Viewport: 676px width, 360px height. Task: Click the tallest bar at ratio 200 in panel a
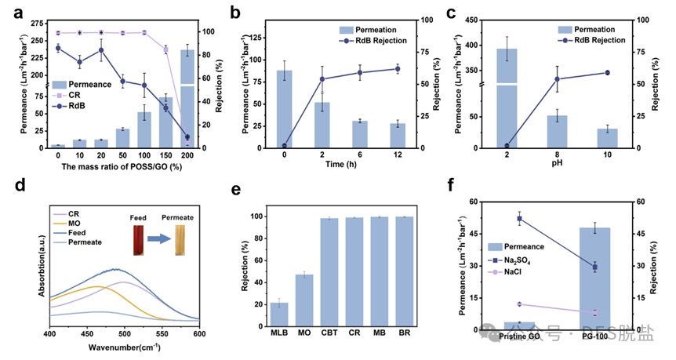pos(187,98)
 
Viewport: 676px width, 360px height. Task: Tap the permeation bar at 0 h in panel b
pos(285,109)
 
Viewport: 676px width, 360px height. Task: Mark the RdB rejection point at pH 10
pos(608,73)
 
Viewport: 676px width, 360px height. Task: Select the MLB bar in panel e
pos(279,315)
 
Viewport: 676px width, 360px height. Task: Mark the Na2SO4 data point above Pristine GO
pos(519,219)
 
